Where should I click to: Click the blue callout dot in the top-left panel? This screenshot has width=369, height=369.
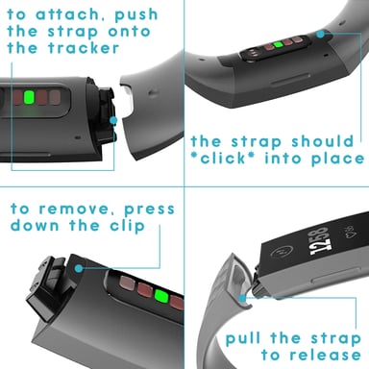114,121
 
